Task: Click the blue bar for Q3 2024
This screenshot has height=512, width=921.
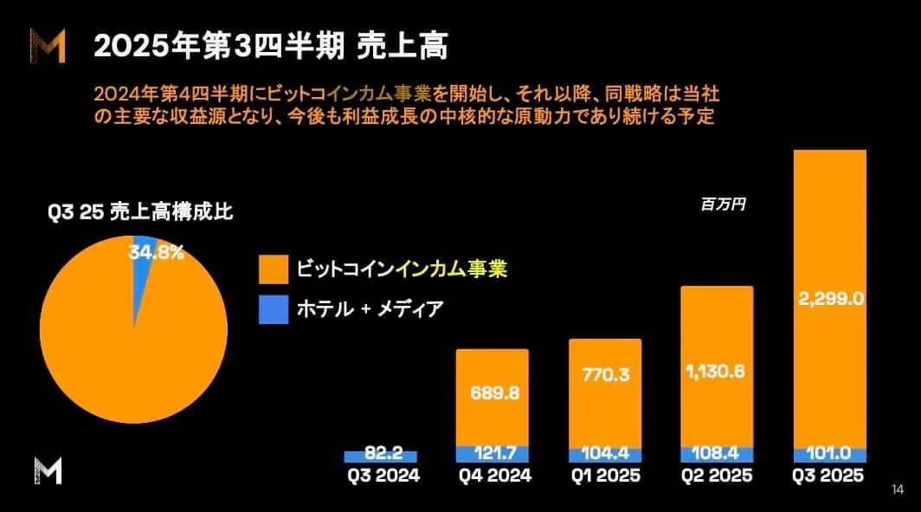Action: point(381,456)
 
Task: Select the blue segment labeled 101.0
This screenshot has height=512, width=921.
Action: point(829,455)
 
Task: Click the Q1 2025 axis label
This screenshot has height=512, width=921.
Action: point(605,476)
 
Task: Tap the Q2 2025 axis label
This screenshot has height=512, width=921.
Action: point(716,476)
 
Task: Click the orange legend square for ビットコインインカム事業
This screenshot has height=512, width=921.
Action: point(273,269)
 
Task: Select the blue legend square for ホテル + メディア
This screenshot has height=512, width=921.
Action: point(273,309)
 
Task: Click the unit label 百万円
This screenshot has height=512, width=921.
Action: point(723,205)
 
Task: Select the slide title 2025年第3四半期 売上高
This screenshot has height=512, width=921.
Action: point(270,47)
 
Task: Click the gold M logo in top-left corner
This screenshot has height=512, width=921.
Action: point(48,45)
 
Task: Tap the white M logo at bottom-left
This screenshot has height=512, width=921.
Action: point(48,471)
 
